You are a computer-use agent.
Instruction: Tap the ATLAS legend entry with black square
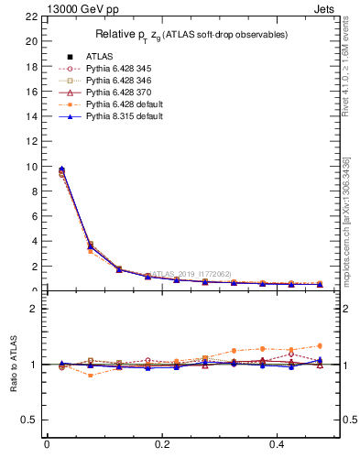[x=100, y=56]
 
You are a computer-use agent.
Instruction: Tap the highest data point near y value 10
[x=61, y=169]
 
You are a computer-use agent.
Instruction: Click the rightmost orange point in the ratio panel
[x=320, y=345]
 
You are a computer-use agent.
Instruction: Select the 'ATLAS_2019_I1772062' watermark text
[x=191, y=274]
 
